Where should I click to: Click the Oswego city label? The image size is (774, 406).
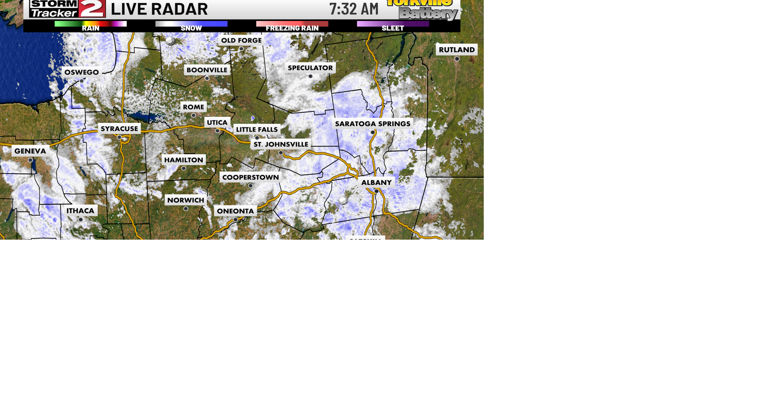click(81, 72)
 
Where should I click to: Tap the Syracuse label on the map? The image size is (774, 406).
click(119, 129)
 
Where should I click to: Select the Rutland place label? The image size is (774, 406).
click(457, 50)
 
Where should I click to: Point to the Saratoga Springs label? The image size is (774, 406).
click(372, 124)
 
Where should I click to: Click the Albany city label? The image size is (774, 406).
click(376, 183)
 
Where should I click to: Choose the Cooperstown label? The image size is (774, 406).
click(250, 178)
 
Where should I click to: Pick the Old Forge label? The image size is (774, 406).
click(241, 41)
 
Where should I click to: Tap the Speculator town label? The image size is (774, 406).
click(310, 68)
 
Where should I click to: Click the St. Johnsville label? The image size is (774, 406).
click(281, 145)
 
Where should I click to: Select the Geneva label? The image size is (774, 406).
click(30, 151)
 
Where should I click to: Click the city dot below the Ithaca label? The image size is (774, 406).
click(81, 220)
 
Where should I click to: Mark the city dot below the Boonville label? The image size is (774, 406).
click(207, 79)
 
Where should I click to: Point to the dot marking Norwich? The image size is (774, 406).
click(186, 209)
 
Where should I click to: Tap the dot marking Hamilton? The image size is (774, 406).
click(184, 168)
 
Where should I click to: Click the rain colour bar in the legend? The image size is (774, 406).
click(91, 24)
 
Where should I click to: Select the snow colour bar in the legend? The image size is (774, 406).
click(191, 24)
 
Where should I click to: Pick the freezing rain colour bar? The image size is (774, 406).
click(292, 24)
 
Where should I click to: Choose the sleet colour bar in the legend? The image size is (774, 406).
click(393, 24)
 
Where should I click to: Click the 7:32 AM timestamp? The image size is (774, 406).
click(354, 9)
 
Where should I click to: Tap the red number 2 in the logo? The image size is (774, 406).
click(92, 8)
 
